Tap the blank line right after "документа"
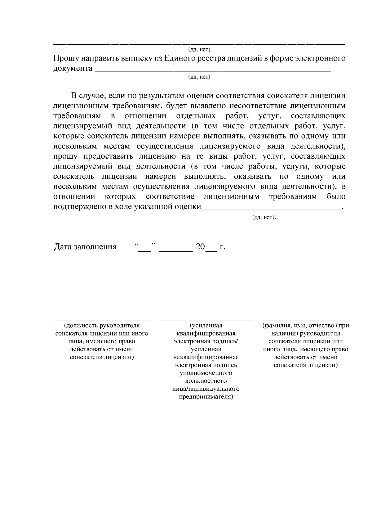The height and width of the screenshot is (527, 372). click(213, 71)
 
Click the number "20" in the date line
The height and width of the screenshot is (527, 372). click(200, 247)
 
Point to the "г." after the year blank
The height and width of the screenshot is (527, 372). click(222, 247)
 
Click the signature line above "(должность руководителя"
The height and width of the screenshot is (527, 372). click(102, 320)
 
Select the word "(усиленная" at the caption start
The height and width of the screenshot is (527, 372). click(206, 326)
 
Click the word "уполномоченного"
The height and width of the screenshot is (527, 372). click(206, 373)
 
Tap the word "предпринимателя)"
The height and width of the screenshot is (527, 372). click(206, 397)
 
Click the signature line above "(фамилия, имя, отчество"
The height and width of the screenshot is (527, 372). click(305, 320)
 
